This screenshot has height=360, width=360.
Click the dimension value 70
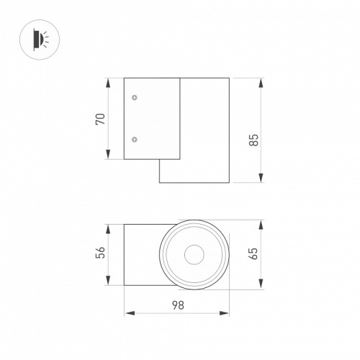[x=101, y=119]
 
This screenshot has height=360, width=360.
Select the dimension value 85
[x=254, y=140]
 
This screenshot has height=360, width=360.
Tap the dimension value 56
[x=101, y=252]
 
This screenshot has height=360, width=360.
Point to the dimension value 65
[x=254, y=253]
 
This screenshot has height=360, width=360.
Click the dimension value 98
[x=178, y=305]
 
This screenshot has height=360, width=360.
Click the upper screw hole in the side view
[x=135, y=97]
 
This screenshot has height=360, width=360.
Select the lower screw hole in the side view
[x=135, y=140]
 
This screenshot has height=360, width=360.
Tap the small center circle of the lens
[x=194, y=255]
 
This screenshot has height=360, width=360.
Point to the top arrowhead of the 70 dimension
[x=108, y=83]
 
